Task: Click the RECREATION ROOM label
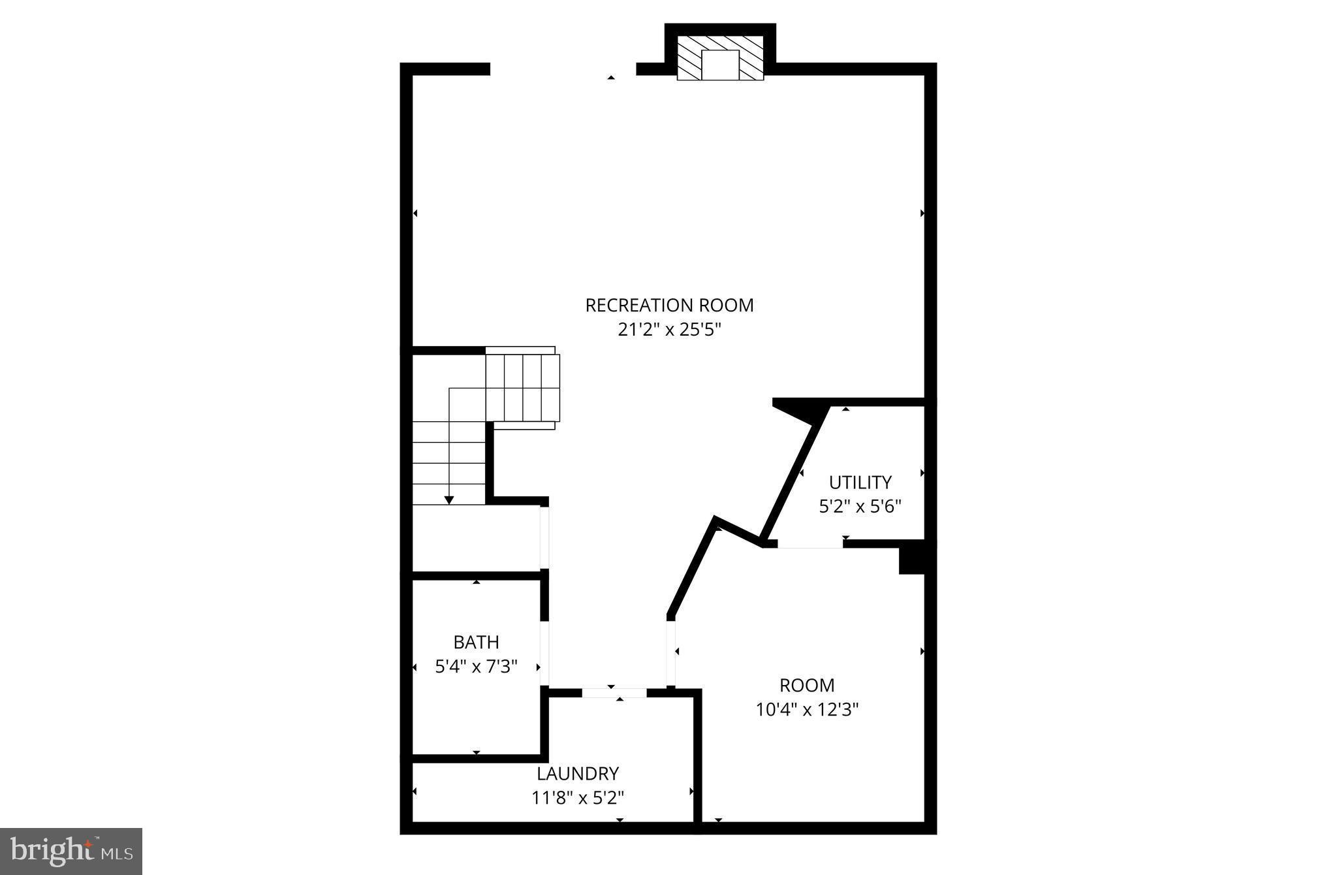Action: coord(669,305)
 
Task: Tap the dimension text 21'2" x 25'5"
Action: coord(669,330)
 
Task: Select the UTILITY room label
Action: coord(860,482)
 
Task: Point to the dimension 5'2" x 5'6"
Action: coord(860,506)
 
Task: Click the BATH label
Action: coord(476,642)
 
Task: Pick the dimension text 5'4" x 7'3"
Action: coord(476,666)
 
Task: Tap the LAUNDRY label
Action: coord(578,773)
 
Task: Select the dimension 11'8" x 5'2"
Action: coord(578,797)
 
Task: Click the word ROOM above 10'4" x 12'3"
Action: coord(807,685)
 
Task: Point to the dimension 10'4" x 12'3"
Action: coord(807,709)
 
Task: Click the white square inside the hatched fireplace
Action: coord(719,65)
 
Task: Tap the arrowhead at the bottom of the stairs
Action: coord(448,500)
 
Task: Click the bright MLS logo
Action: coord(71,851)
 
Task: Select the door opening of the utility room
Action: coord(810,544)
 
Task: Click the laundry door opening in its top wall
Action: coord(614,693)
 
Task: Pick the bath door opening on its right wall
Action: coord(544,652)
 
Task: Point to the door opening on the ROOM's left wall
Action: coord(670,652)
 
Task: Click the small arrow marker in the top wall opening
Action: coord(611,78)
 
